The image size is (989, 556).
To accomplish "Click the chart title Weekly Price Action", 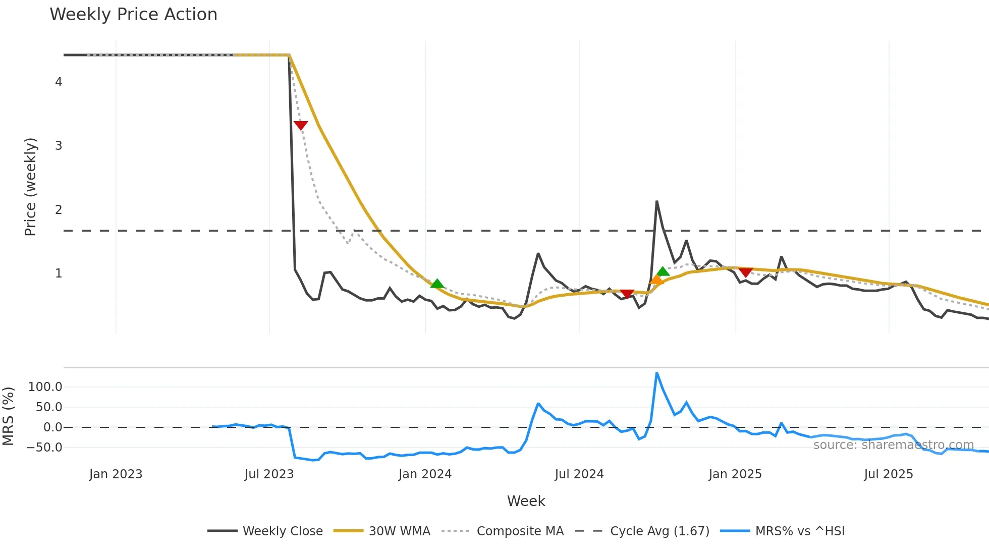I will (x=133, y=15).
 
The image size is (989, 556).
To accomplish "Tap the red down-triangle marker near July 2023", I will (x=301, y=125).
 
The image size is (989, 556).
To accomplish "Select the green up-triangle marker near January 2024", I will (x=437, y=284).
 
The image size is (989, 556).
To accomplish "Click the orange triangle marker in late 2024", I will (x=656, y=280).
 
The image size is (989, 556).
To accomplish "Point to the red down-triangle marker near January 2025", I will (x=745, y=272).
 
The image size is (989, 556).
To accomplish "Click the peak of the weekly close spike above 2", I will (x=656, y=201).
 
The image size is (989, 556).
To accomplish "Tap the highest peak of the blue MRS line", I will (x=656, y=373).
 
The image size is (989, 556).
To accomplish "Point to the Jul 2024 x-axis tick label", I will (x=579, y=474).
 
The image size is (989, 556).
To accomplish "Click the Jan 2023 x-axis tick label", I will (x=116, y=474).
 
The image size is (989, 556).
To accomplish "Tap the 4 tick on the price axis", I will (x=59, y=82).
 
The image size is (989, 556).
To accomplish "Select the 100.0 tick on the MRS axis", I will (x=45, y=387).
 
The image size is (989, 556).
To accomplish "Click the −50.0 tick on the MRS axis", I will (x=44, y=448).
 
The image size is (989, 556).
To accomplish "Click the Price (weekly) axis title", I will (x=30, y=187).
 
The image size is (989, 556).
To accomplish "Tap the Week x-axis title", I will (x=526, y=501).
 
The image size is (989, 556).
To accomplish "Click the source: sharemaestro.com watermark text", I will (x=893, y=445).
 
